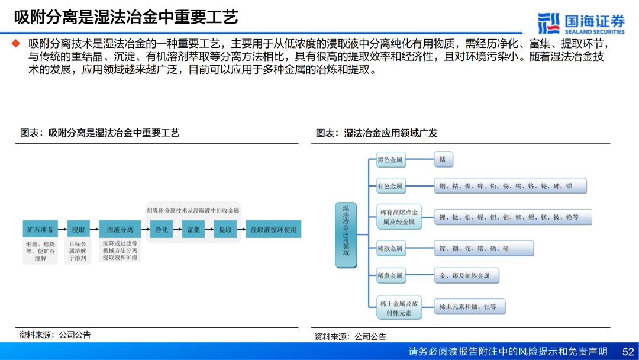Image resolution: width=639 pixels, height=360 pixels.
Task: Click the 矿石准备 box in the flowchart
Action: pyautogui.click(x=40, y=229)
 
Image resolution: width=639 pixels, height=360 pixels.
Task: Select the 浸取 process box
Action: pyautogui.click(x=78, y=229)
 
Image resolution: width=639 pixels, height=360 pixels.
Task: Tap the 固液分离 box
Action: pyautogui.click(x=120, y=229)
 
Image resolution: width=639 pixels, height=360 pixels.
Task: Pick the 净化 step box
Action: pyautogui.click(x=162, y=229)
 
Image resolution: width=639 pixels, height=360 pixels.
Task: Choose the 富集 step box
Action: pyautogui.click(x=193, y=229)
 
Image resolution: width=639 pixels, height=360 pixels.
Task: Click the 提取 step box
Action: pyautogui.click(x=225, y=229)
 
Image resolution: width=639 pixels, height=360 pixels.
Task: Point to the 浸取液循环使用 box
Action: pyautogui.click(x=273, y=229)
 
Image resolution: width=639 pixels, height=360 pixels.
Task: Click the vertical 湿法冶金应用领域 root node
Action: pyautogui.click(x=346, y=235)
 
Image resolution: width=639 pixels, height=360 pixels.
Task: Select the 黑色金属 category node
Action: pyautogui.click(x=390, y=159)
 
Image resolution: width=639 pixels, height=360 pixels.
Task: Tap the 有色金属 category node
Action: pyautogui.click(x=390, y=187)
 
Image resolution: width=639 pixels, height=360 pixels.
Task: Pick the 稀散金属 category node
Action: pyautogui.click(x=390, y=249)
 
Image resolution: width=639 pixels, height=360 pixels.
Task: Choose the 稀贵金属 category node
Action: pyautogui.click(x=390, y=275)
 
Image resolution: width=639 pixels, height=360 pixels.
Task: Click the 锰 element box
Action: pyautogui.click(x=443, y=159)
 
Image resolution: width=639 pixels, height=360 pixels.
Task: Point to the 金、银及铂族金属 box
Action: pyautogui.click(x=466, y=275)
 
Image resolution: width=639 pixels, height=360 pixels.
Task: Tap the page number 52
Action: pyautogui.click(x=628, y=351)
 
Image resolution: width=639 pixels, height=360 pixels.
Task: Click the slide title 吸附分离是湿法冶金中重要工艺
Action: pyautogui.click(x=125, y=17)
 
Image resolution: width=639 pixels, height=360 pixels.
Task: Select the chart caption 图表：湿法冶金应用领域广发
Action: pyautogui.click(x=376, y=133)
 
